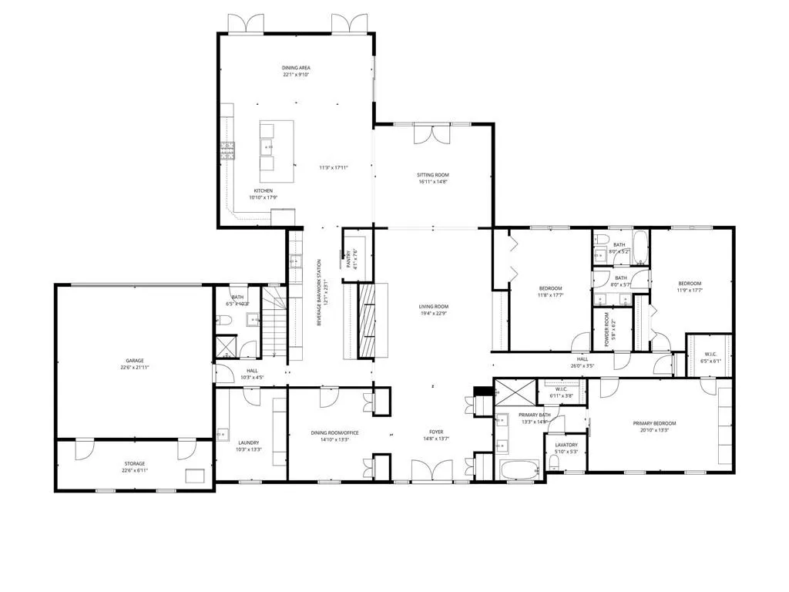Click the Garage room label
135,361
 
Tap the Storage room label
135,463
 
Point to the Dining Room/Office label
334,433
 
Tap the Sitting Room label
434,175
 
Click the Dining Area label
295,68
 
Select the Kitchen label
263,191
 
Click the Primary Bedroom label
654,423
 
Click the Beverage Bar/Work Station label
319,293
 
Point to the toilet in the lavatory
555,462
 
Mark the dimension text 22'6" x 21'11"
135,368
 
